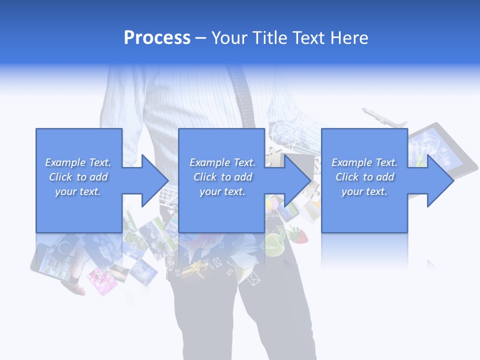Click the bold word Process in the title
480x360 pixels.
tap(157, 38)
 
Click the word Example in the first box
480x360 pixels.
tap(65, 162)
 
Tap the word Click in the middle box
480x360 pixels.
tap(205, 177)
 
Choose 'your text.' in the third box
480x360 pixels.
tap(364, 191)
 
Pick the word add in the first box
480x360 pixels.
tap(99, 177)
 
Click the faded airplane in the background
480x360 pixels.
tap(382, 118)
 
